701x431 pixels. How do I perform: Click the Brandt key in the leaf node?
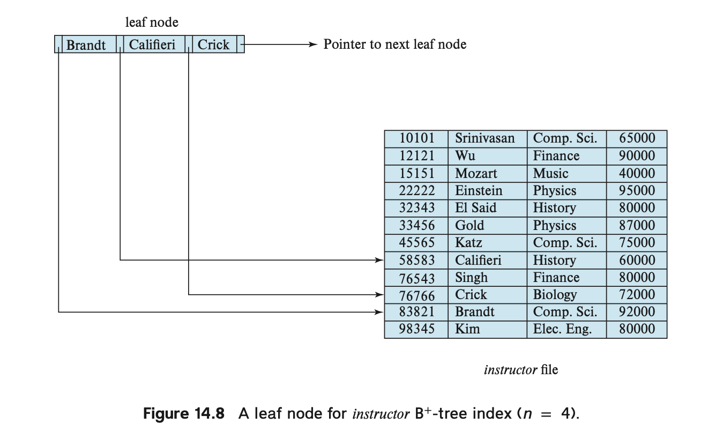[86, 44]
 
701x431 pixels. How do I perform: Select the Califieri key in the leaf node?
[152, 44]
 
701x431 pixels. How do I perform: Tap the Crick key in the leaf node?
[213, 44]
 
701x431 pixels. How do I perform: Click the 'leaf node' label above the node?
[152, 22]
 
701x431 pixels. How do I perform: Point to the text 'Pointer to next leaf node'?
[395, 44]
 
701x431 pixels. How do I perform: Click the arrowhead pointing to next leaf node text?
[314, 44]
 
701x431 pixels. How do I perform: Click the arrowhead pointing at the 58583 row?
[379, 260]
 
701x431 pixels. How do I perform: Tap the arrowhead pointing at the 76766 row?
[379, 294]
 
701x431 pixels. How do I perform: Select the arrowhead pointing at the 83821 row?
[379, 312]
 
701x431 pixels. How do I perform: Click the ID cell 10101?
[417, 138]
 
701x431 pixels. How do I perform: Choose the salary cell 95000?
[637, 190]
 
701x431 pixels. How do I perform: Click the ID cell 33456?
[417, 225]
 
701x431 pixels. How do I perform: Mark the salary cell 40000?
[637, 173]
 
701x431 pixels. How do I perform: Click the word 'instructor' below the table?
[510, 370]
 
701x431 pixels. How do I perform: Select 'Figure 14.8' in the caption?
[184, 413]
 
